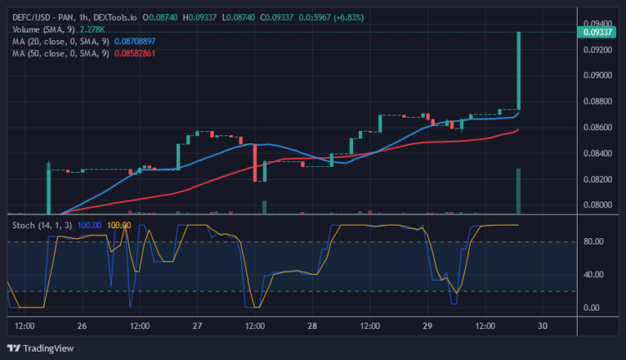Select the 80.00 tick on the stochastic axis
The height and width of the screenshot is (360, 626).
pyautogui.click(x=593, y=241)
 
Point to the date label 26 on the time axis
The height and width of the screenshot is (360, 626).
pyautogui.click(x=82, y=326)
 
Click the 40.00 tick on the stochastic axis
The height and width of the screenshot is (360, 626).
pyautogui.click(x=593, y=274)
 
